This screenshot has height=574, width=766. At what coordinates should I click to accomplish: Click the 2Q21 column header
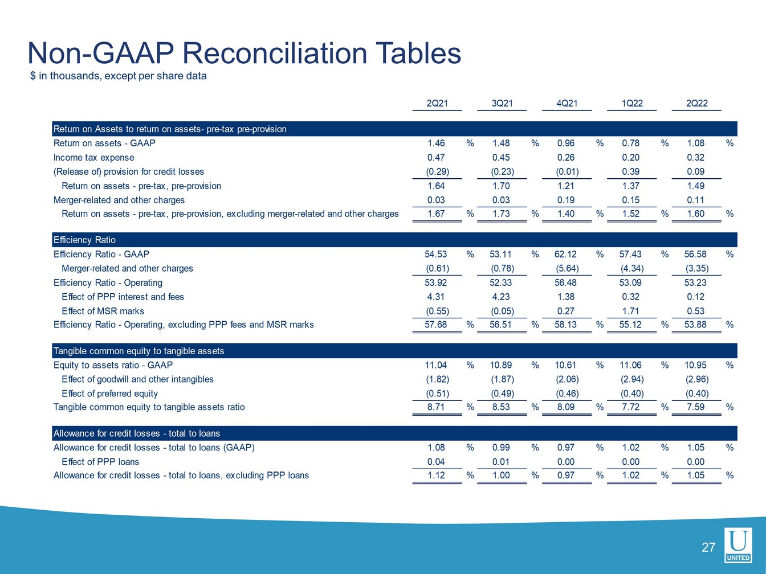pyautogui.click(x=437, y=103)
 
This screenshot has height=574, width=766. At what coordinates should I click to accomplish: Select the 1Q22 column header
pyautogui.click(x=631, y=103)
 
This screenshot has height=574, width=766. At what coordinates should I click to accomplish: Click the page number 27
pyautogui.click(x=708, y=548)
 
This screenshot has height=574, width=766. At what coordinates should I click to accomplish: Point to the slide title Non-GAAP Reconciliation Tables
pyautogui.click(x=244, y=53)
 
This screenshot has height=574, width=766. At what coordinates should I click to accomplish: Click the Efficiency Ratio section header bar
pyautogui.click(x=394, y=240)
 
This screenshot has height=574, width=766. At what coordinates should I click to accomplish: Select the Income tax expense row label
pyautogui.click(x=93, y=158)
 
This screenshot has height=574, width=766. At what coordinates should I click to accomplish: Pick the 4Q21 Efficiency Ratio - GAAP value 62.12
pyautogui.click(x=566, y=255)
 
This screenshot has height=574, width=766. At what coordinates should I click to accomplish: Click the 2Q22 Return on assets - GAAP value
pyautogui.click(x=695, y=143)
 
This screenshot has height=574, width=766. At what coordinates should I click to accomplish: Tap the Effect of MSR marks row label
pyautogui.click(x=103, y=311)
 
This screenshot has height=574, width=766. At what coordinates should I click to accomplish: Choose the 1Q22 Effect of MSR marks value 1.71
pyautogui.click(x=631, y=311)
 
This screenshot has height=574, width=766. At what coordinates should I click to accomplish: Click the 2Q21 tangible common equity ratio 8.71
pyautogui.click(x=436, y=407)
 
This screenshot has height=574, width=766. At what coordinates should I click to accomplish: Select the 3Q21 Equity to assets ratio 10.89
pyautogui.click(x=501, y=365)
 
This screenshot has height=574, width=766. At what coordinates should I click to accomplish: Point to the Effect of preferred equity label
pyautogui.click(x=109, y=393)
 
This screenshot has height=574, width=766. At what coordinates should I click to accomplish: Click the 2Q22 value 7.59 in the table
pyautogui.click(x=695, y=407)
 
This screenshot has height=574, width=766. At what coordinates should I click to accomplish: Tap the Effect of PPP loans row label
pyautogui.click(x=100, y=462)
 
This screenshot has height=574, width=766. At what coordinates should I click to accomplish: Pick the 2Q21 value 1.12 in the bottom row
pyautogui.click(x=436, y=475)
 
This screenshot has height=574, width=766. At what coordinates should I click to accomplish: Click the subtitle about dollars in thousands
pyautogui.click(x=118, y=76)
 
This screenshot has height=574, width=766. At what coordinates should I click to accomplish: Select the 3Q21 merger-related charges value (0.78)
pyautogui.click(x=502, y=269)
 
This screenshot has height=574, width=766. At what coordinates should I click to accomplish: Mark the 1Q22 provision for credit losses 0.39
pyautogui.click(x=631, y=172)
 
